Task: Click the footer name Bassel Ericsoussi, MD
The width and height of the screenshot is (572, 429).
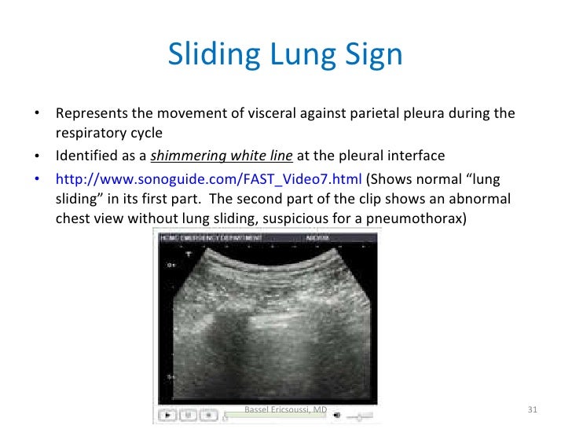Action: click(x=286, y=410)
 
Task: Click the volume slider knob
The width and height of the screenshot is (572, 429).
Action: click(x=358, y=415)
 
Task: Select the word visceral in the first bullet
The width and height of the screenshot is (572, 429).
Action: click(x=269, y=113)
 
